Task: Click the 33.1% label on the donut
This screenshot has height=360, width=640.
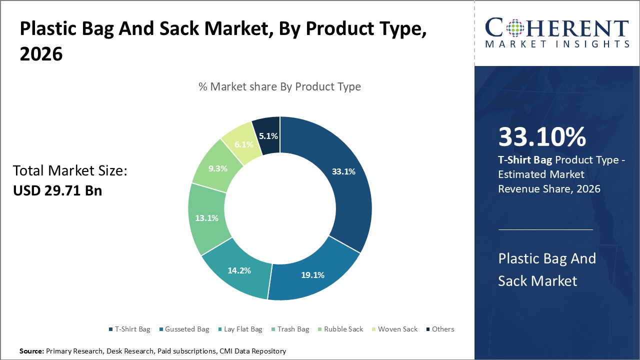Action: point(343,171)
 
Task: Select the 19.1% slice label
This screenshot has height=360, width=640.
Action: point(312,274)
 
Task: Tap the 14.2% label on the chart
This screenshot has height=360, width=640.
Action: point(238,270)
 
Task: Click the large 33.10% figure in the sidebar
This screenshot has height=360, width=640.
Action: point(542,137)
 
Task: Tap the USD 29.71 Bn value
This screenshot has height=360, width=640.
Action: point(57,190)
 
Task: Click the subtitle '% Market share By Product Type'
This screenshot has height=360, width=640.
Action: point(279,86)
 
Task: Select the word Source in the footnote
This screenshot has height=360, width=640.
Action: point(31,351)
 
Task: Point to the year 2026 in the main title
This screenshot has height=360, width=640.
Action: point(41,54)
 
